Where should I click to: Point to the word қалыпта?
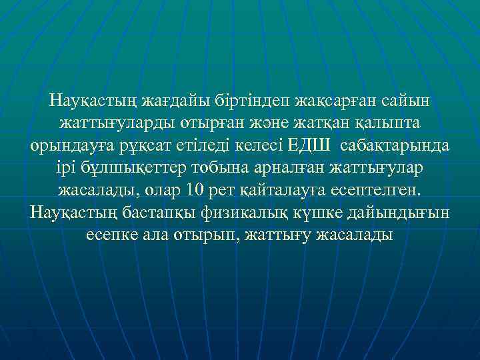(x=391, y=124)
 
